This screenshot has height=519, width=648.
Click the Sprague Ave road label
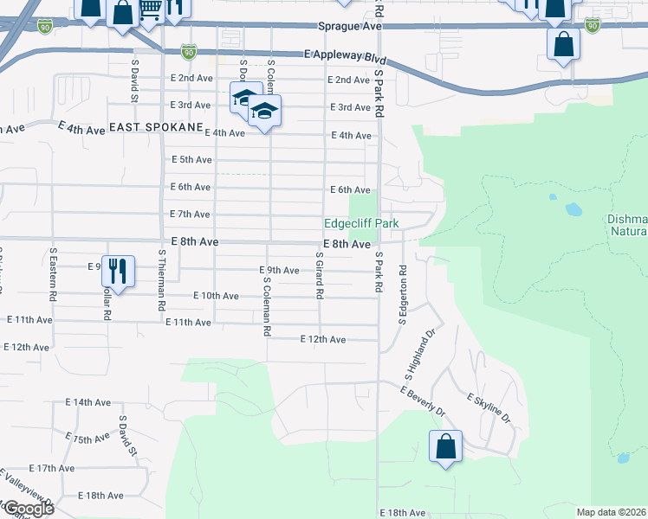click(x=350, y=28)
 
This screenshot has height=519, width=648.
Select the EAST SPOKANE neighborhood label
click(x=154, y=126)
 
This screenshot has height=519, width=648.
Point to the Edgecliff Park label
click(x=362, y=223)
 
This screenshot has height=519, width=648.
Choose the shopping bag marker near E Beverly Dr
click(x=445, y=447)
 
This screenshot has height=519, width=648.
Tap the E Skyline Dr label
click(x=489, y=408)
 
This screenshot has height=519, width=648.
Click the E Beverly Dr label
click(x=423, y=400)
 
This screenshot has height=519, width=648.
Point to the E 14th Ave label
click(x=88, y=403)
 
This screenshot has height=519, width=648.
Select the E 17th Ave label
click(x=51, y=468)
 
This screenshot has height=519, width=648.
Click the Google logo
click(x=29, y=509)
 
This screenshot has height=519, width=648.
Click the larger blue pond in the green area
click(x=573, y=209)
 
